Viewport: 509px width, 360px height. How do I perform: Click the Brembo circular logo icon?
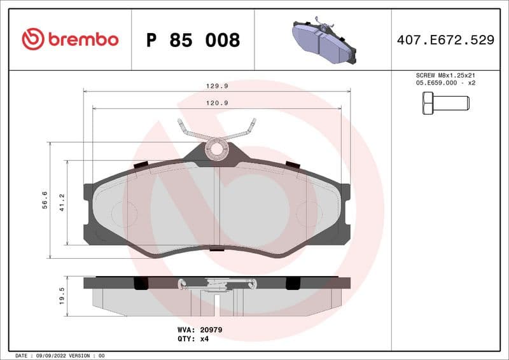[x=33, y=39]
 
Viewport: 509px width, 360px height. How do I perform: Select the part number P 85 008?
[x=193, y=40]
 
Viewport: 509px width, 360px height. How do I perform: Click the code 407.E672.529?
[x=445, y=40]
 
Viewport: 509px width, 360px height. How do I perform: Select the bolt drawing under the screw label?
[x=445, y=102]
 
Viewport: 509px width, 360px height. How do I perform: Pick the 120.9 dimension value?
[x=217, y=102]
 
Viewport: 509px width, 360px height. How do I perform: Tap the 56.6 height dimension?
[x=44, y=199]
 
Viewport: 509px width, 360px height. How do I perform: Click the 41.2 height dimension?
[x=62, y=202]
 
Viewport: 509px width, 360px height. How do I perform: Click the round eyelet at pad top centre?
[x=217, y=149]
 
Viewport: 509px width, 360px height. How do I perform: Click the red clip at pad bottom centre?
[x=217, y=249]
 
